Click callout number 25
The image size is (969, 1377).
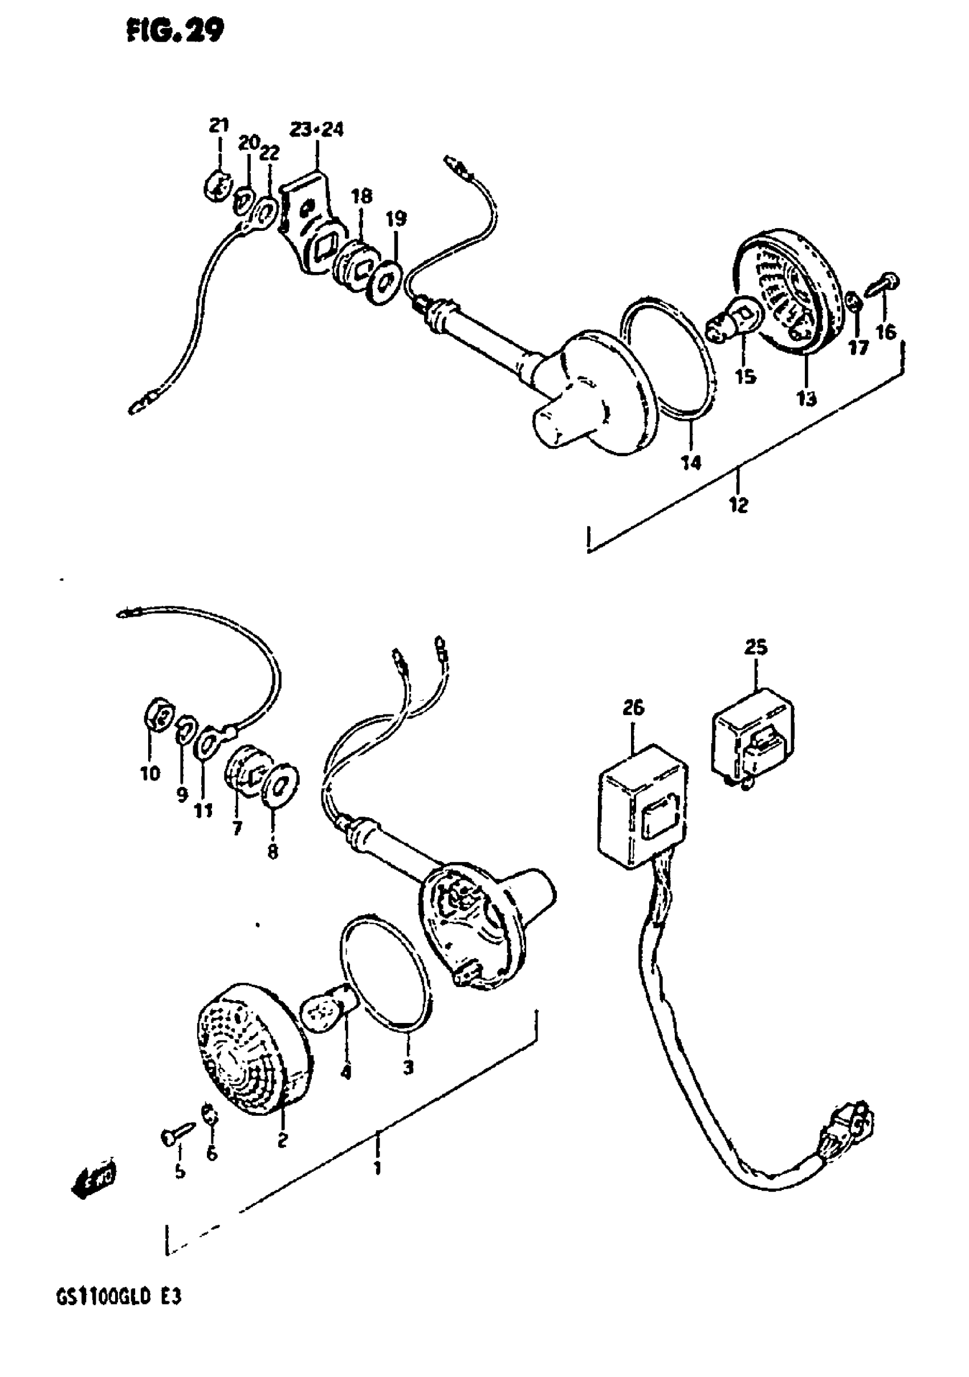point(756,648)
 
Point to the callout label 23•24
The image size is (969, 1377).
point(316,129)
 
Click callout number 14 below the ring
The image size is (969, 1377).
point(691,462)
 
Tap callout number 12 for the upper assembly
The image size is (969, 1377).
point(739,505)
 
